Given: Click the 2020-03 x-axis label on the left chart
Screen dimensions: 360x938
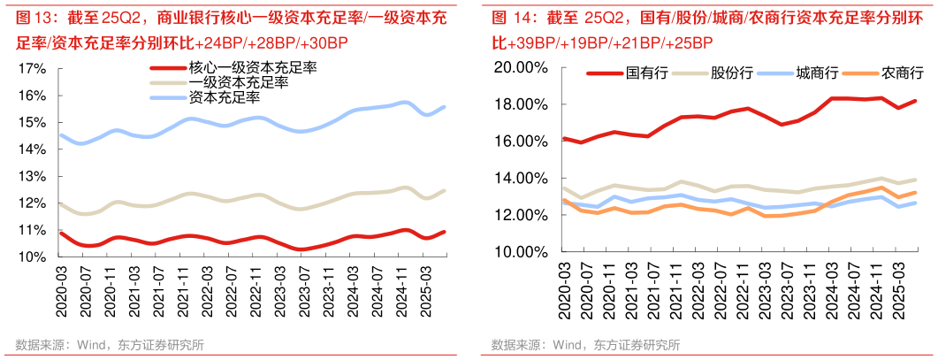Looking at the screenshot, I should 61,283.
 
